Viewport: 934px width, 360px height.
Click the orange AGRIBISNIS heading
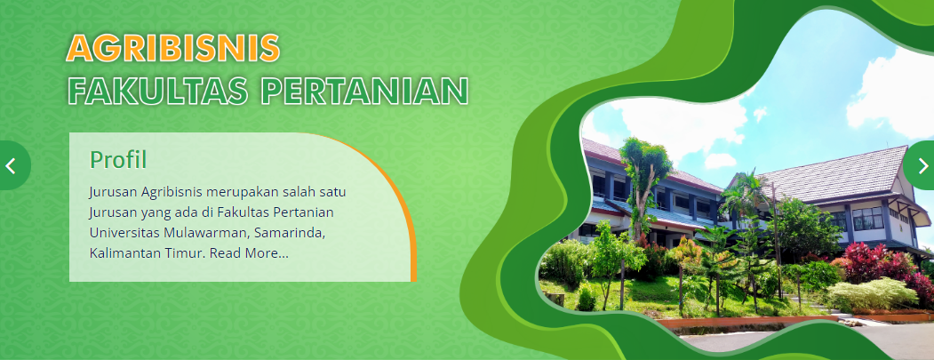click(172, 48)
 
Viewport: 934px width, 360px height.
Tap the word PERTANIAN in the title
click(365, 91)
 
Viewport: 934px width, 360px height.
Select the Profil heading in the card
click(118, 160)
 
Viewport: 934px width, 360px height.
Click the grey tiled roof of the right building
click(834, 175)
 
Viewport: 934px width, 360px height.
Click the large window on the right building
click(868, 218)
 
